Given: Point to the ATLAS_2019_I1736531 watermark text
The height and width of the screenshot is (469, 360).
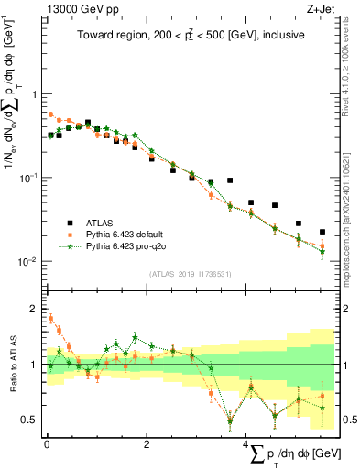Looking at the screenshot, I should (190, 274).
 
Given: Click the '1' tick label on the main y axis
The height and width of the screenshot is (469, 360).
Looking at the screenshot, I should (34, 94).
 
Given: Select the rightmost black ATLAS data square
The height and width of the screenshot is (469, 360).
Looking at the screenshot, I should (322, 233).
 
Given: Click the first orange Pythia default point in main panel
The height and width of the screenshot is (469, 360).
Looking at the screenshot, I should (51, 115).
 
